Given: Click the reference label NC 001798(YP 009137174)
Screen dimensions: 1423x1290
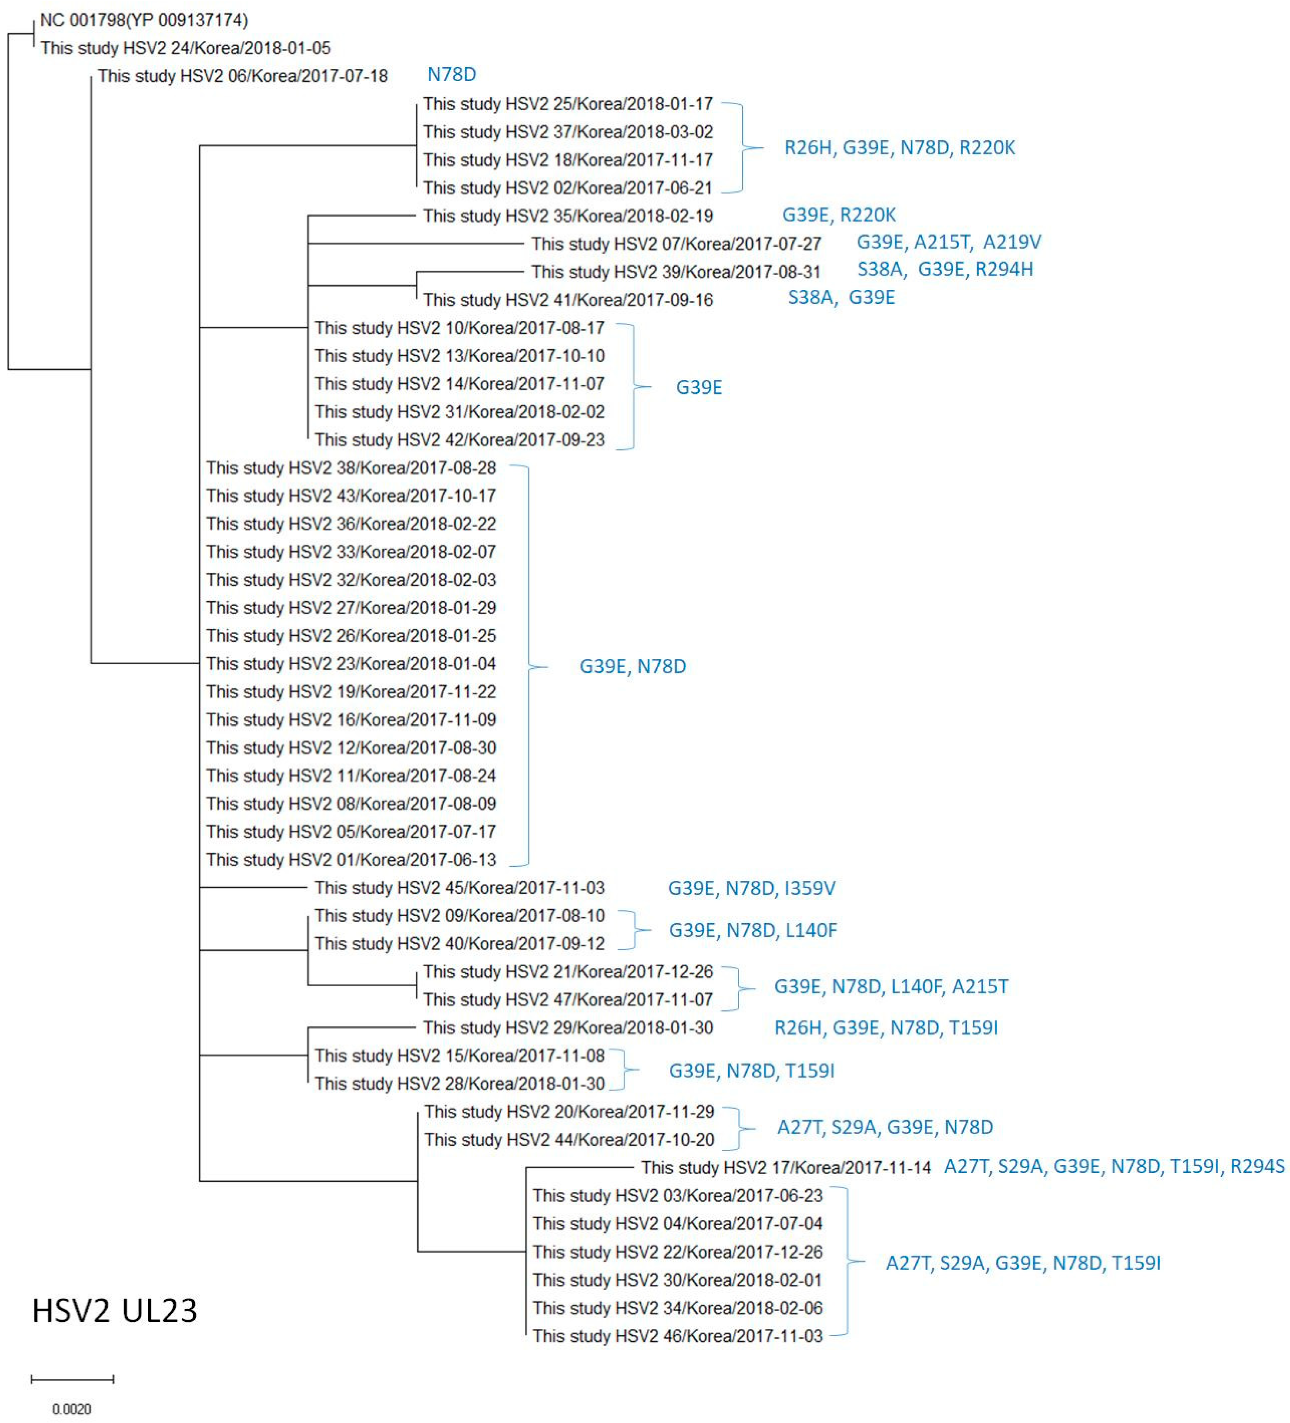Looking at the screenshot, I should [x=144, y=20].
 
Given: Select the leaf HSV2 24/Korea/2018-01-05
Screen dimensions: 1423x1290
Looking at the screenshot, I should [x=185, y=48].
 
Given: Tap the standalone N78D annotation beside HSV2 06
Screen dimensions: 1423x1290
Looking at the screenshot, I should [x=451, y=74].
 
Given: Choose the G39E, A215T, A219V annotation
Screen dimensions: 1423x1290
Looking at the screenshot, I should [x=948, y=242].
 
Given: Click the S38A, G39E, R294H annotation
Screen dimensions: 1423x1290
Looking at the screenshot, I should [x=944, y=269].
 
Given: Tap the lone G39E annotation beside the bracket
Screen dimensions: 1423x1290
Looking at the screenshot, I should [x=699, y=387].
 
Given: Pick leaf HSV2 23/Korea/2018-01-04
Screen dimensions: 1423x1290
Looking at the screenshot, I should [x=351, y=663].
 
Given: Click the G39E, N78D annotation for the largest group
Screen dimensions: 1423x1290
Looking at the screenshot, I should [x=632, y=666].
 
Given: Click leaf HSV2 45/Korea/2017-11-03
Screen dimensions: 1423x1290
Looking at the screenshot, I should [x=459, y=887].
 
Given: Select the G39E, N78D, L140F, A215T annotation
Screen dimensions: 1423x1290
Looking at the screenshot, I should [x=891, y=986].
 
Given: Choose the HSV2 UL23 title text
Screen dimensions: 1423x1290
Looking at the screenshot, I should [x=114, y=1311].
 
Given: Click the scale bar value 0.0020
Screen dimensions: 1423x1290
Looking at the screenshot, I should [x=71, y=1409].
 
